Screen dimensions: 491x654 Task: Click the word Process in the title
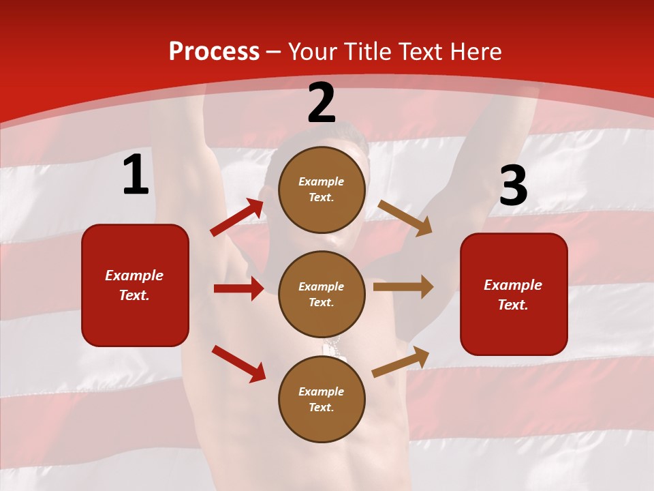pyautogui.click(x=214, y=52)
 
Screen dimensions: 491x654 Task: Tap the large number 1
pyautogui.click(x=136, y=175)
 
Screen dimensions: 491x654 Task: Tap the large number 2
pyautogui.click(x=322, y=104)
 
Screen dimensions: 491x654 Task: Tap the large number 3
pyautogui.click(x=513, y=186)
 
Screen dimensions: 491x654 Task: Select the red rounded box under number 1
pyautogui.click(x=135, y=285)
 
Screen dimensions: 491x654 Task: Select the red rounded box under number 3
pyautogui.click(x=514, y=294)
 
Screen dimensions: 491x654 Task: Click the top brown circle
pyautogui.click(x=322, y=189)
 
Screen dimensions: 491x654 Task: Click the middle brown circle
pyautogui.click(x=322, y=294)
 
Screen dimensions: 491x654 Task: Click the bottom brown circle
pyautogui.click(x=322, y=399)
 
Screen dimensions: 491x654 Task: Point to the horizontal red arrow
pyautogui.click(x=238, y=288)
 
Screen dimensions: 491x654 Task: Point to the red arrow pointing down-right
pyautogui.click(x=238, y=363)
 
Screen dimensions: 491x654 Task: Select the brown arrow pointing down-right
pyautogui.click(x=405, y=218)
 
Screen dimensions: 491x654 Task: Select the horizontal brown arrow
pyautogui.click(x=403, y=287)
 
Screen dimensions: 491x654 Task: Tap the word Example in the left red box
pyautogui.click(x=134, y=276)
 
